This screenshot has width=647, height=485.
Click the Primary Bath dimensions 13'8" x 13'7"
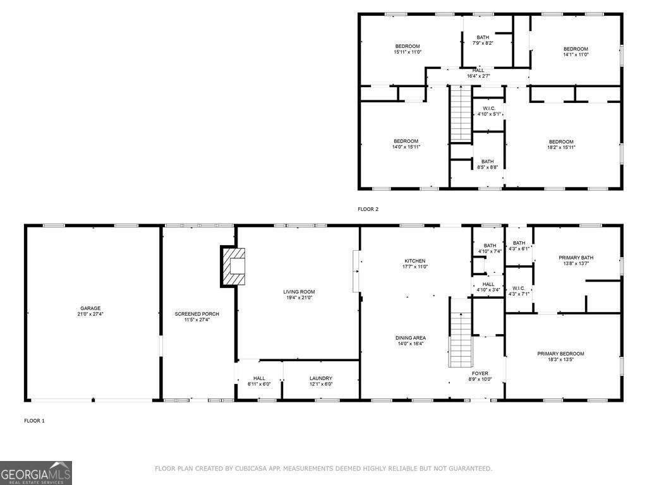[x=576, y=263]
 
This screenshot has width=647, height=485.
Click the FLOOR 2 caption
[x=368, y=209]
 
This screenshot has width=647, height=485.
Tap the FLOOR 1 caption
[x=34, y=421]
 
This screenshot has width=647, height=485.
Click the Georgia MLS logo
[x=36, y=473]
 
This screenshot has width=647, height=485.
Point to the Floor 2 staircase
[x=461, y=114]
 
